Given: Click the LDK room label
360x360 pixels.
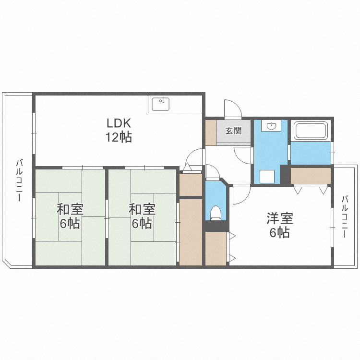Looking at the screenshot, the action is pos(119,123).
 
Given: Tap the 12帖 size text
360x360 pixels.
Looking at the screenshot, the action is pos(119,137).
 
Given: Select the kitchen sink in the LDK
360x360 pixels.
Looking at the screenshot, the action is pos(160,104).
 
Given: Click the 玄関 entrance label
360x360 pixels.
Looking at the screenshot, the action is pos(233,131).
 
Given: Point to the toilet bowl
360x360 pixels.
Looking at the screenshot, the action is pos(215,213).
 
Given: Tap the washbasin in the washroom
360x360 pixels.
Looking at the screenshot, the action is pos(272,126).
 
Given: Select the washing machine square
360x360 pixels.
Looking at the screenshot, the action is pos(267,177).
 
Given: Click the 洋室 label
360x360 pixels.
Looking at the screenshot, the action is pos(280,218).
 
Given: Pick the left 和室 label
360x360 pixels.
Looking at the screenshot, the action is pos(70,209).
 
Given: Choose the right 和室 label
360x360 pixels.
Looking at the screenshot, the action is pos(142,209).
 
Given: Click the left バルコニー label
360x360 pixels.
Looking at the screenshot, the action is pos(19,180).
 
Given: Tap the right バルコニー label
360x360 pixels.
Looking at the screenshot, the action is pos(344,216).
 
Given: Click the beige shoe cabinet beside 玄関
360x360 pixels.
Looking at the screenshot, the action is pos(211,132).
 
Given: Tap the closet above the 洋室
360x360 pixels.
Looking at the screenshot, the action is pos(311,176).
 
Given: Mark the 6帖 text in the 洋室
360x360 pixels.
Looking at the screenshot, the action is pos(279,232).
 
